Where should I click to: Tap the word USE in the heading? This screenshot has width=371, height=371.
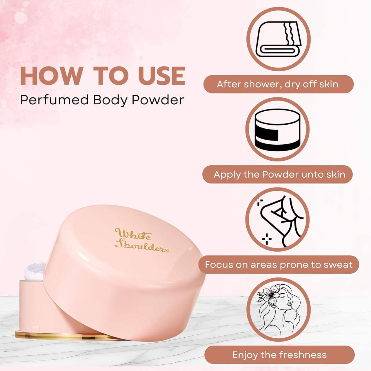(161, 76)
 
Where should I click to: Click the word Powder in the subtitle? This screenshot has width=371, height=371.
(158, 100)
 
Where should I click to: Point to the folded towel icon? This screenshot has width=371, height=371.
(278, 39)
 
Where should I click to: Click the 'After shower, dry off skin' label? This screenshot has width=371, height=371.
(278, 84)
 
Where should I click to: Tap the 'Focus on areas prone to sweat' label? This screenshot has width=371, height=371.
(278, 265)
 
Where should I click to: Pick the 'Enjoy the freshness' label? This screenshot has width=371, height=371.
(279, 355)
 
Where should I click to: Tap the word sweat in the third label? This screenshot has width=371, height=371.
(337, 265)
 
